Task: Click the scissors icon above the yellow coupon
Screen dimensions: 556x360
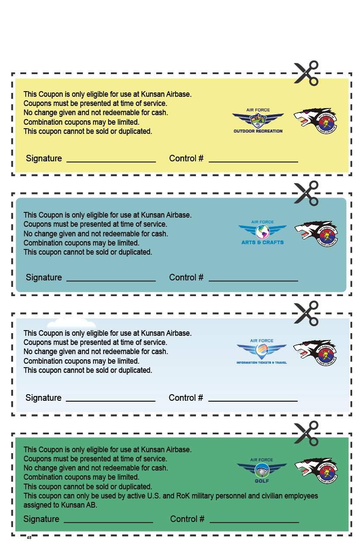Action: tap(306, 73)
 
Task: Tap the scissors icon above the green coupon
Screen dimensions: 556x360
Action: tap(306, 433)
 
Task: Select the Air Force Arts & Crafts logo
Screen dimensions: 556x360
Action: tap(262, 232)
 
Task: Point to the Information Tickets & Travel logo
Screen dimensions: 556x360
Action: tap(262, 351)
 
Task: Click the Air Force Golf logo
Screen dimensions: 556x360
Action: tap(262, 470)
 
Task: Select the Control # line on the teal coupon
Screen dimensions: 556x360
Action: tap(253, 280)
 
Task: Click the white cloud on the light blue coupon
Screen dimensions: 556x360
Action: tap(71, 323)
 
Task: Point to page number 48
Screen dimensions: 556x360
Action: tap(29, 538)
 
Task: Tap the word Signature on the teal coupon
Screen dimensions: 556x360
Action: tap(44, 277)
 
